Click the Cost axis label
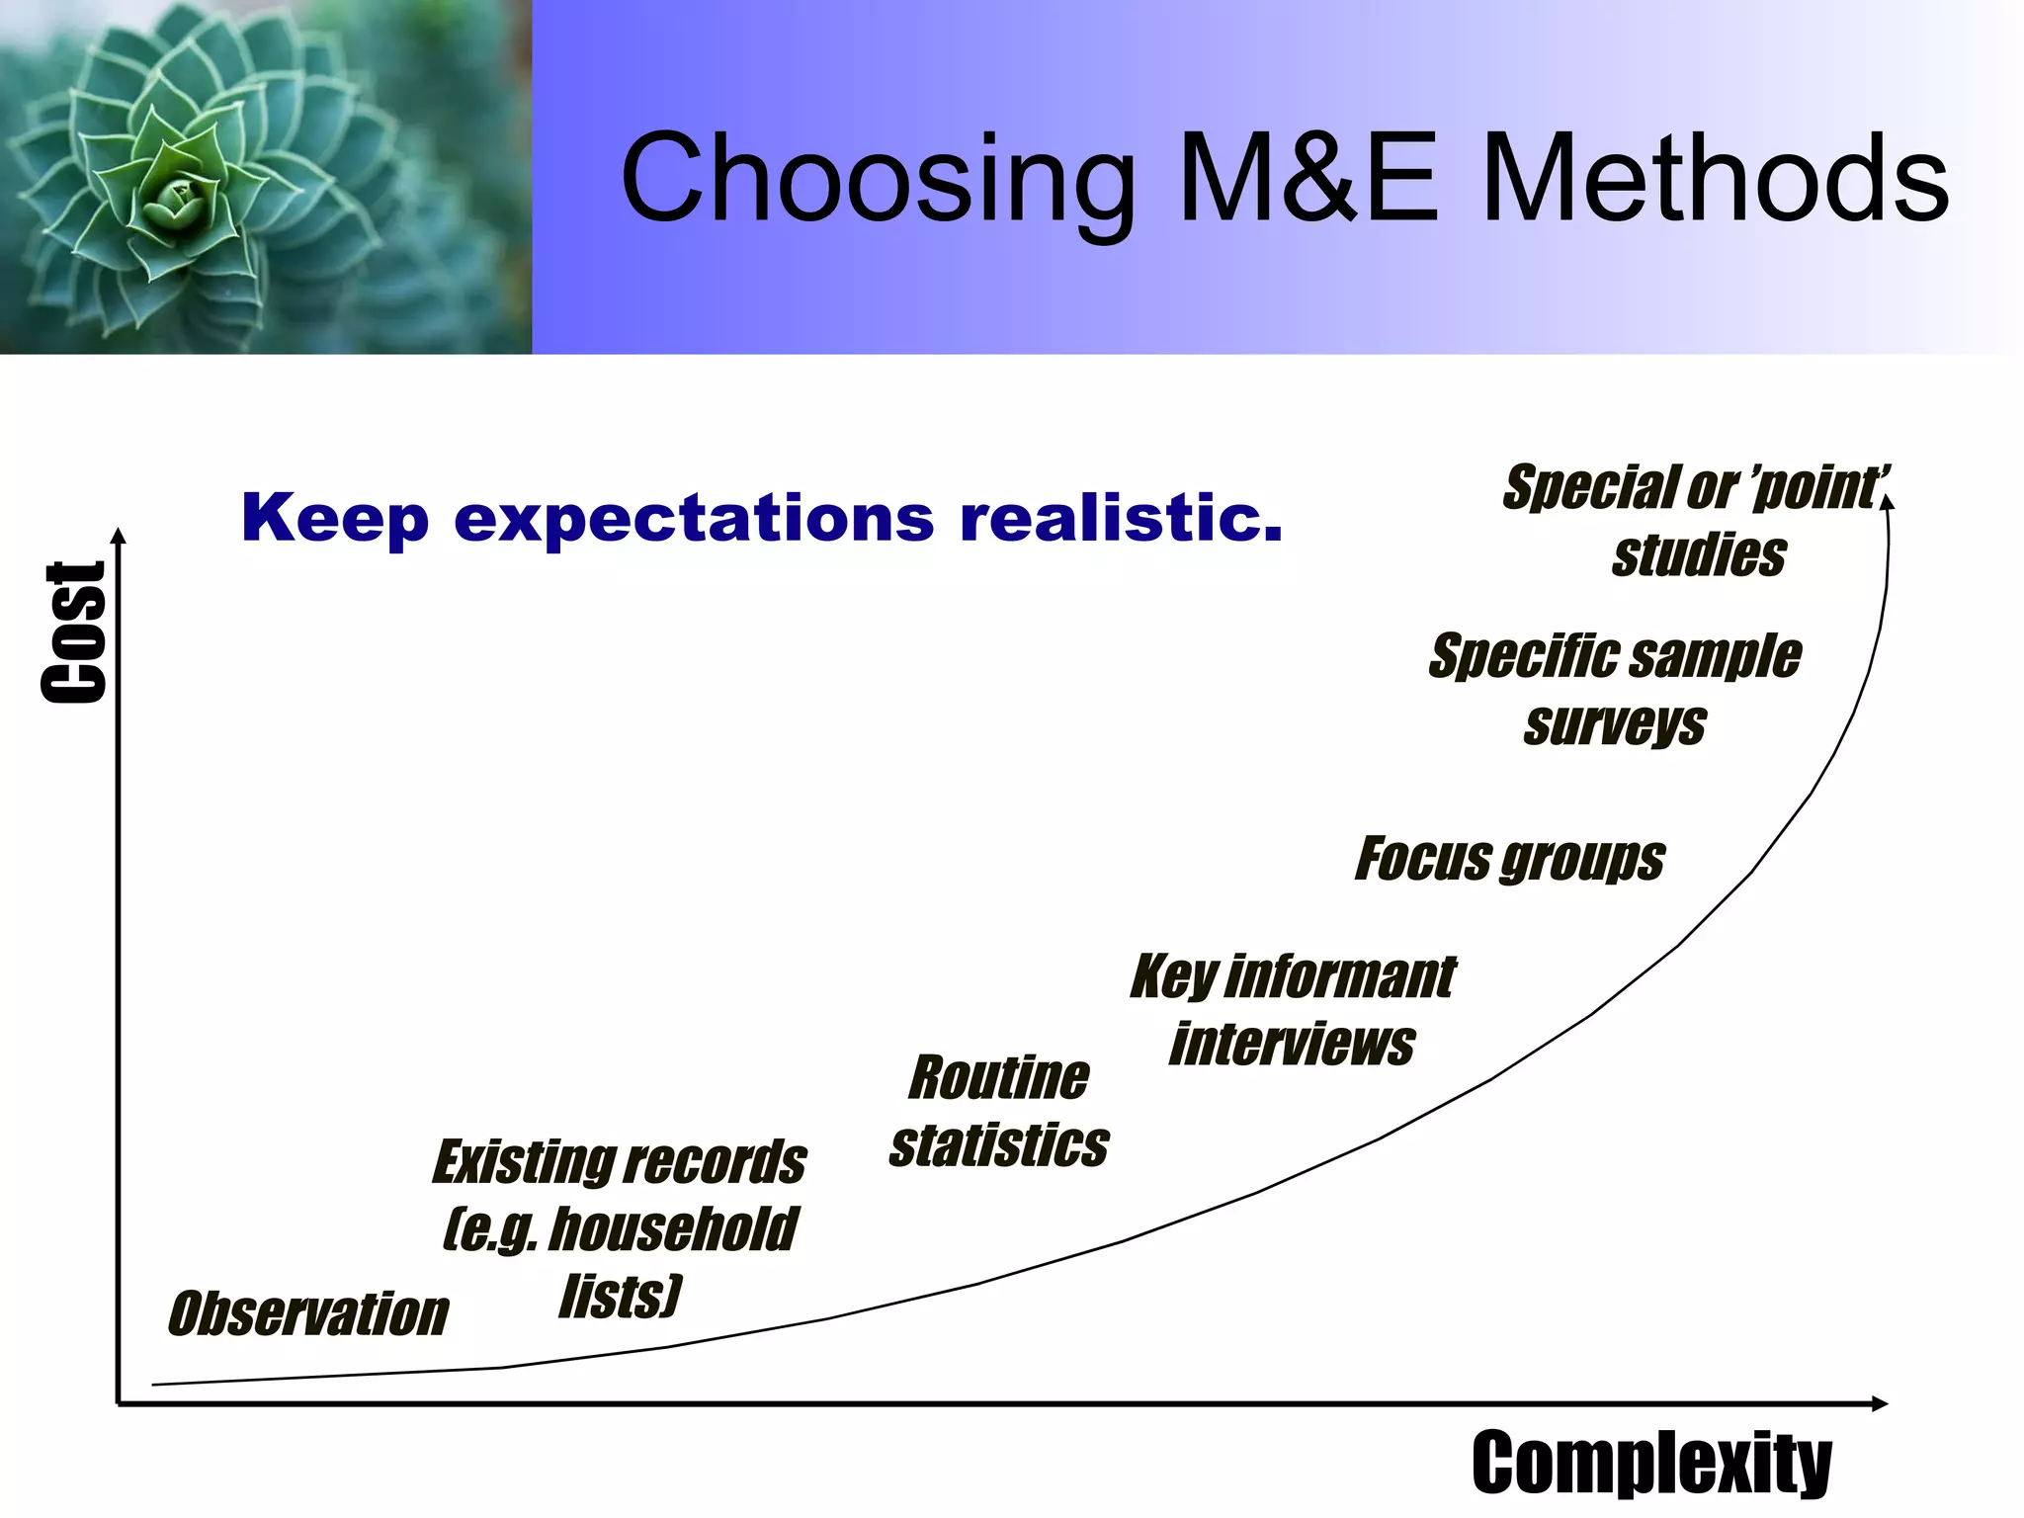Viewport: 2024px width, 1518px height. coord(74,632)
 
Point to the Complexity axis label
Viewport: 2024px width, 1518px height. coord(1650,1463)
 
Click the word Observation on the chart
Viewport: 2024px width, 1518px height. coord(308,1314)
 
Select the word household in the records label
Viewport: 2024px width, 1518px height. coord(672,1229)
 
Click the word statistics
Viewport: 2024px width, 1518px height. coord(998,1145)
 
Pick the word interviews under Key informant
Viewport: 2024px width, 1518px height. coord(1292,1045)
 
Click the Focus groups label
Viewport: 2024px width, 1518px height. coord(1509,859)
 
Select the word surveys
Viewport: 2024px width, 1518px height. coord(1614,724)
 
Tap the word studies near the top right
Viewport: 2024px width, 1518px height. coord(1698,554)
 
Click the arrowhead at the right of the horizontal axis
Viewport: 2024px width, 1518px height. coord(1880,1403)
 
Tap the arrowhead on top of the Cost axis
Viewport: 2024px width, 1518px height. coord(119,537)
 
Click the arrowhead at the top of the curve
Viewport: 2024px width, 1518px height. coord(1887,502)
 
